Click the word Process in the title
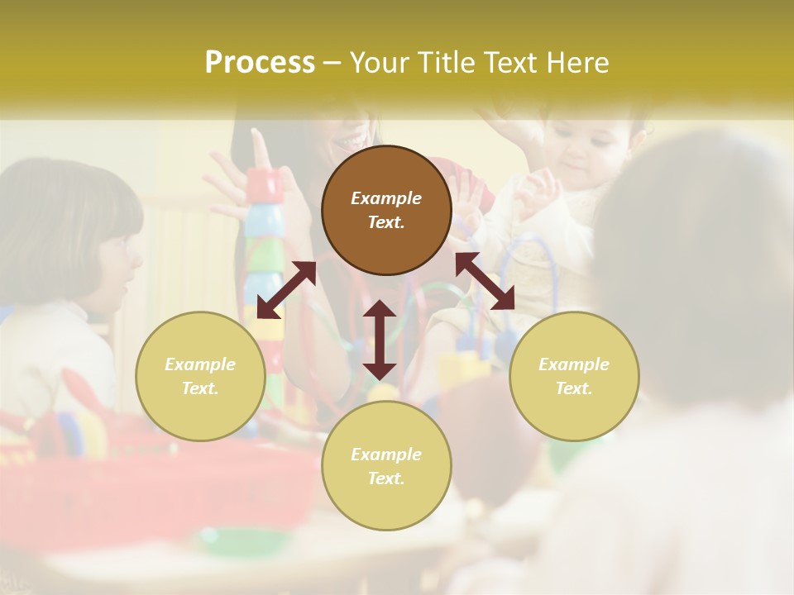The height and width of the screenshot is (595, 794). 260,63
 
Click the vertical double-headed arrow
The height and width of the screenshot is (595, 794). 380,340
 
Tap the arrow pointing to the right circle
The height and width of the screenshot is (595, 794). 485,281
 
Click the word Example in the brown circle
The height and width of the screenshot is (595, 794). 386,198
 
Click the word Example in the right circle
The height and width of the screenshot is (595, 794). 573,364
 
